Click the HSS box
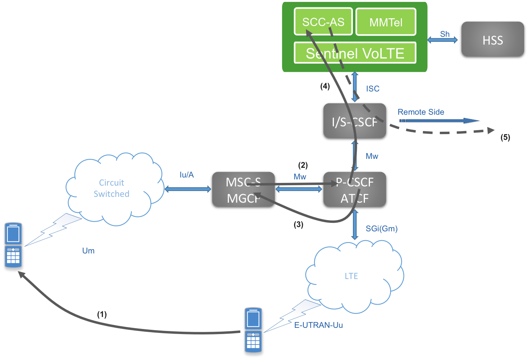[x=492, y=39]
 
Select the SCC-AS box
[x=323, y=22]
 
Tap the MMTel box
[x=385, y=22]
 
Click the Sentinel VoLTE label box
[x=355, y=53]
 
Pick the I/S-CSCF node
[x=354, y=121]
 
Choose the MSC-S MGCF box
[x=243, y=189]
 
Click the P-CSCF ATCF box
[x=354, y=189]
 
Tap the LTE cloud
[x=351, y=276]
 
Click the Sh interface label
[x=445, y=34]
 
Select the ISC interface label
[x=372, y=89]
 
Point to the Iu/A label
[x=187, y=175]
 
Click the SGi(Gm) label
[x=382, y=229]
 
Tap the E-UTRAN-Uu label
[x=318, y=325]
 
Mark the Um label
[x=88, y=251]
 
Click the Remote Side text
[x=421, y=112]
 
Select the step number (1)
[x=102, y=314]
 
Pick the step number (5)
[x=505, y=137]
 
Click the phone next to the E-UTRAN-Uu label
[x=253, y=330]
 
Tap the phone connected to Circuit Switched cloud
[x=13, y=245]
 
